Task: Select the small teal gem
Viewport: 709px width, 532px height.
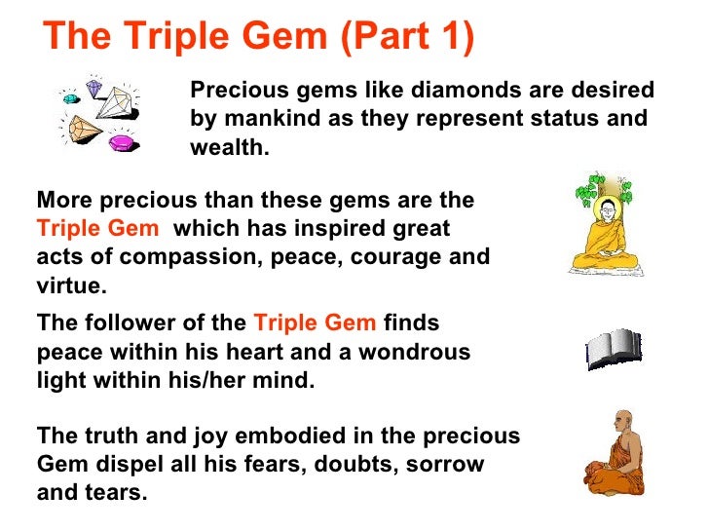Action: tap(68, 97)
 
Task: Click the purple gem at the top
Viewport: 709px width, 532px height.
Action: tap(93, 89)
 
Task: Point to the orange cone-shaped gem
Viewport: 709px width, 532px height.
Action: tap(81, 129)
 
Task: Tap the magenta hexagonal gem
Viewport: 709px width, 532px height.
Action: tap(123, 142)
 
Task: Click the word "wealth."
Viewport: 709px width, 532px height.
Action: tap(228, 147)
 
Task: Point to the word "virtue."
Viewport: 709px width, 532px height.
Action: tap(71, 286)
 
